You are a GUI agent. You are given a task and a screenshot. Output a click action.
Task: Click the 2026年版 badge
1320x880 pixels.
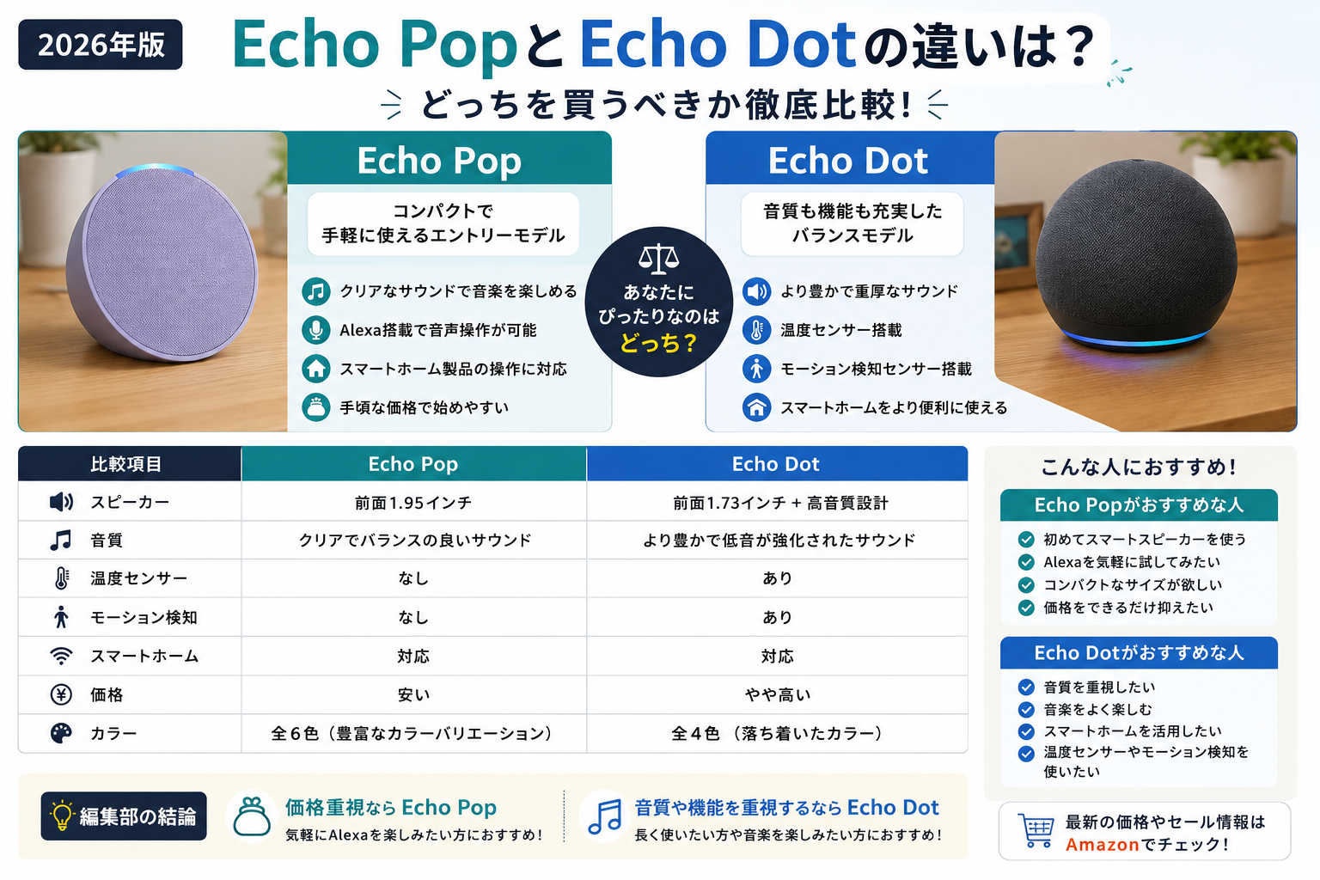(x=101, y=45)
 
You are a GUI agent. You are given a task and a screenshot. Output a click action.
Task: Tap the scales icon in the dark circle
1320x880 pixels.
(x=658, y=260)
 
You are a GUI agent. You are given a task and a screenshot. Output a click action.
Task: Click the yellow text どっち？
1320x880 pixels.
(x=658, y=342)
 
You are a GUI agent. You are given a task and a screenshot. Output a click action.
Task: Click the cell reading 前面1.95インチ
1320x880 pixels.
(x=413, y=502)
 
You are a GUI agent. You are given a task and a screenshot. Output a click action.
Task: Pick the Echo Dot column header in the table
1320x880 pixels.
(x=776, y=464)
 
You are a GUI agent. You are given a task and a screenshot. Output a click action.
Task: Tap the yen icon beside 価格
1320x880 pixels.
(x=61, y=695)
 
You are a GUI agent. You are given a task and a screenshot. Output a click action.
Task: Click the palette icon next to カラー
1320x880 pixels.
(x=61, y=733)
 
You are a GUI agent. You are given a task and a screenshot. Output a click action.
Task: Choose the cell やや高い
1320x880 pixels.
(x=777, y=695)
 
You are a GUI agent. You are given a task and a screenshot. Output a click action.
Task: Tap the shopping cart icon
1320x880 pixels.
(x=1036, y=830)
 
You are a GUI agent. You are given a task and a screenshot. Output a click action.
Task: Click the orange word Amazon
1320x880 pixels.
(x=1102, y=845)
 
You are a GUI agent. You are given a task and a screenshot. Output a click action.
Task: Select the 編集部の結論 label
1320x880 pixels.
(x=124, y=816)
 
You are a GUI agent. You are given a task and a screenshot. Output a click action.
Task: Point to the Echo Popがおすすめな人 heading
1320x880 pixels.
(x=1139, y=505)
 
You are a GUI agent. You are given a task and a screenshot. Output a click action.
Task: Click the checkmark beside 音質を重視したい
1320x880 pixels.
(x=1026, y=687)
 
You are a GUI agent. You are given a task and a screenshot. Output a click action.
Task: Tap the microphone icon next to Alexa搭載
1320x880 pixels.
(x=316, y=330)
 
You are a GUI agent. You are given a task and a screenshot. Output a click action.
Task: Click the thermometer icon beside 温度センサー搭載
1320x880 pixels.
(x=756, y=330)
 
